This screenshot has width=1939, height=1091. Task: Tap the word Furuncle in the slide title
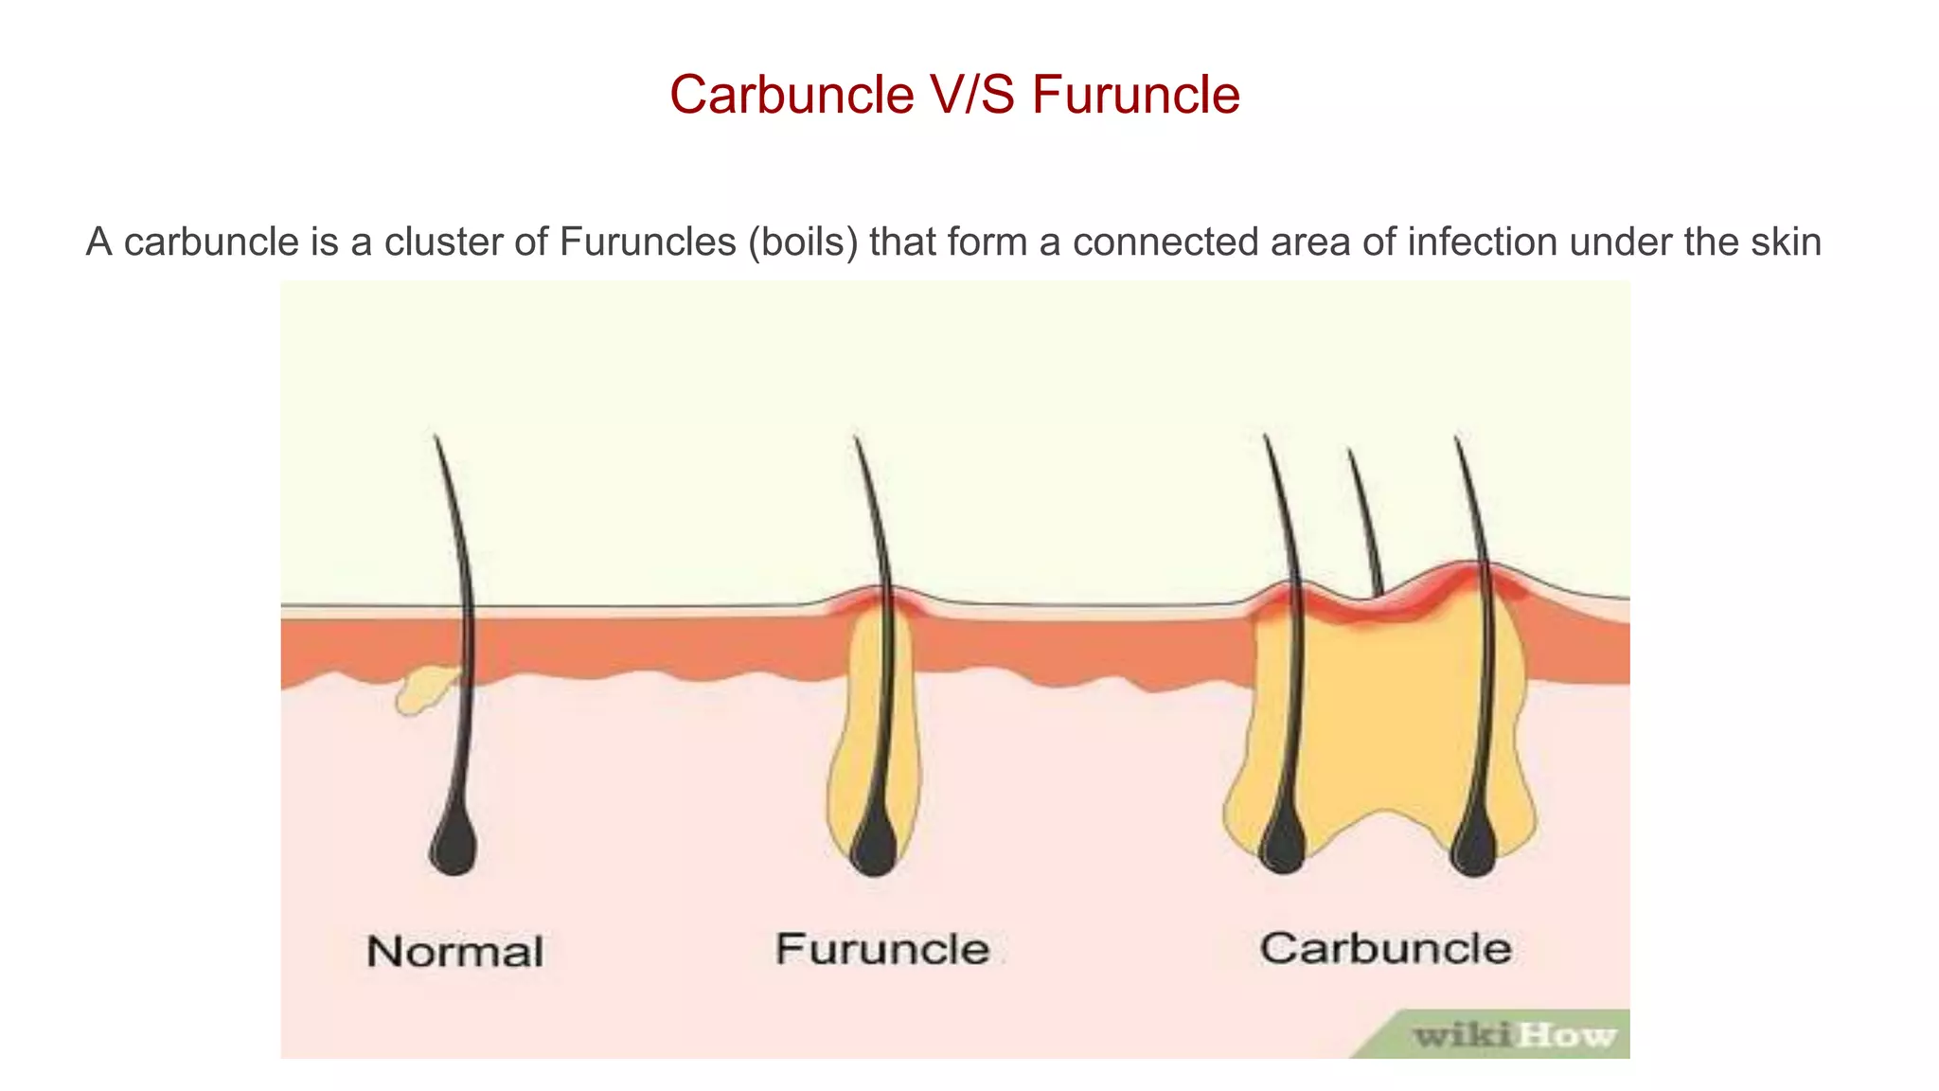[x=1135, y=95]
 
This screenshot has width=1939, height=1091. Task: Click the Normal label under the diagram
[x=455, y=952]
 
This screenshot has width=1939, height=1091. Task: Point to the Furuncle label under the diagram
[x=882, y=949]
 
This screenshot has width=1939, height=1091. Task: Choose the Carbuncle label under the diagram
[x=1385, y=948]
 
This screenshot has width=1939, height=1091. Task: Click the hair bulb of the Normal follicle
[x=454, y=845]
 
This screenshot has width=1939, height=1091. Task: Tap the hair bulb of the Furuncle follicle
[x=874, y=846]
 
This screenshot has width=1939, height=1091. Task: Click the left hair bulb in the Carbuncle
[x=1283, y=844]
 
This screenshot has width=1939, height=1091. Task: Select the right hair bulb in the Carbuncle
[x=1474, y=846]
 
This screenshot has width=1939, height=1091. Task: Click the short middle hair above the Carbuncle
[x=1365, y=521]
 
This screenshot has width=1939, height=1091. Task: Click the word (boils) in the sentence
[x=803, y=242]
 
